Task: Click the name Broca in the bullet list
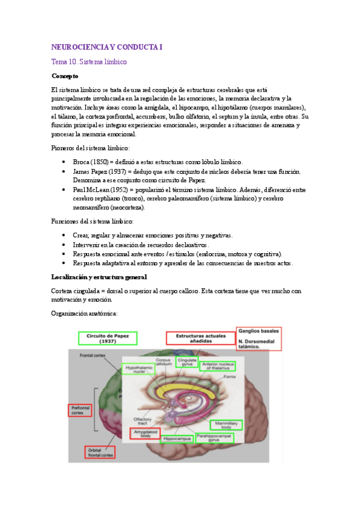click(81, 162)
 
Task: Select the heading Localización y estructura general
click(99, 276)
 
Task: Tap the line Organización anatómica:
click(85, 313)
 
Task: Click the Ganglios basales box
click(258, 339)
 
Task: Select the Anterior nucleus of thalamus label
click(218, 366)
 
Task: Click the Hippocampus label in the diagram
click(177, 439)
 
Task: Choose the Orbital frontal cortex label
click(100, 452)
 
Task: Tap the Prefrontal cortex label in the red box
click(80, 410)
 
